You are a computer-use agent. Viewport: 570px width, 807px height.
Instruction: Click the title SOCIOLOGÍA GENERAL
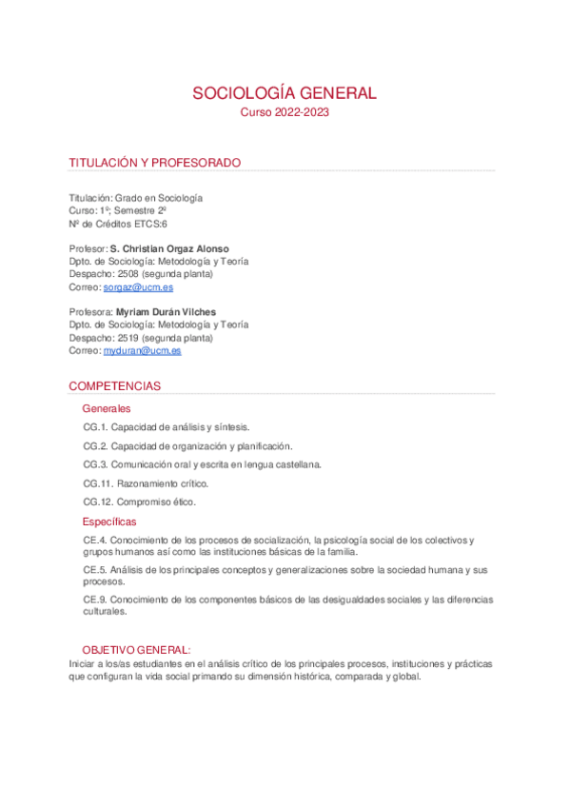coord(285,93)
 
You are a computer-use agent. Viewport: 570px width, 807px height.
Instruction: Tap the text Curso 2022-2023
coord(285,112)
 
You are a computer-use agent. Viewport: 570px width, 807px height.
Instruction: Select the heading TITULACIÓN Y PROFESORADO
coord(154,163)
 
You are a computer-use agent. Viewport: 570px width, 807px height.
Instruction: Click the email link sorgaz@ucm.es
coord(138,286)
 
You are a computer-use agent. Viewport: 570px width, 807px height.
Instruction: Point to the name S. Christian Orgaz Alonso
coord(169,248)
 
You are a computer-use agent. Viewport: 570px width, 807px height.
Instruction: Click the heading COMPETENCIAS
coord(114,386)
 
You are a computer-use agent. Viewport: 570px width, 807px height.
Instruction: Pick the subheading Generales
coord(107,408)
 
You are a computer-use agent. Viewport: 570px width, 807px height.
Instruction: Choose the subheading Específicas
coord(109,522)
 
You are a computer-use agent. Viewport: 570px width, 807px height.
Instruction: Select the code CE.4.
coord(94,541)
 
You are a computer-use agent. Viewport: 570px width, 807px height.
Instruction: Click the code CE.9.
coord(94,600)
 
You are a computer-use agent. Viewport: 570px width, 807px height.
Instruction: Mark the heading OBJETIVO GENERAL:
coord(136,649)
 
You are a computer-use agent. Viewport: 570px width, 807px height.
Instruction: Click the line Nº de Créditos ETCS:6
coord(118,224)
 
